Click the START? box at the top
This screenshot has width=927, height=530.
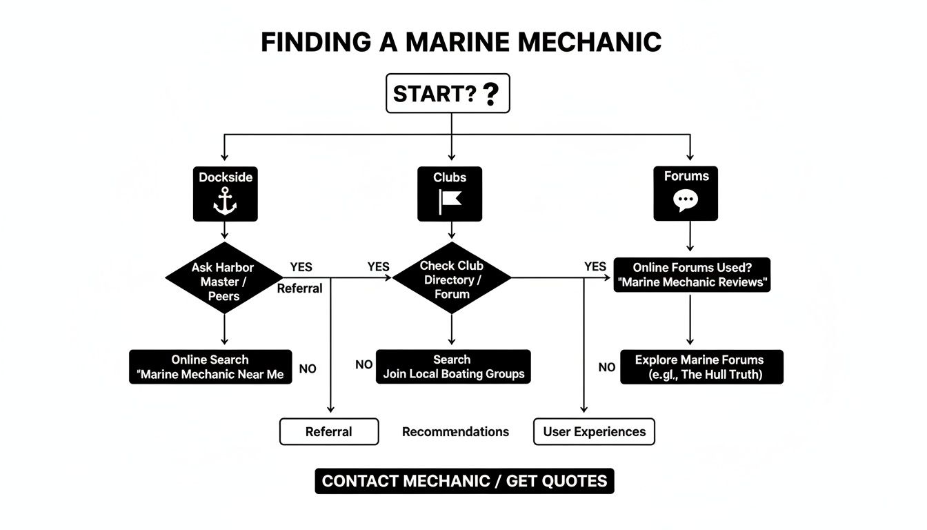pyautogui.click(x=447, y=93)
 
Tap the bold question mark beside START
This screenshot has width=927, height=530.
pyautogui.click(x=490, y=94)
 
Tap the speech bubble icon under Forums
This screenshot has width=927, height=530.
pyautogui.click(x=685, y=201)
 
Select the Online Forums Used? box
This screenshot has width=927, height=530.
pyautogui.click(x=691, y=275)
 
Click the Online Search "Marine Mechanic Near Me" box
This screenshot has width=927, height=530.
pyautogui.click(x=210, y=367)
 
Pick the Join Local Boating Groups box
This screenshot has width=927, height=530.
pyautogui.click(x=453, y=367)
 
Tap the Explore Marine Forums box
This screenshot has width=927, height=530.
pyautogui.click(x=701, y=367)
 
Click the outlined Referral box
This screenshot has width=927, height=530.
pyautogui.click(x=329, y=432)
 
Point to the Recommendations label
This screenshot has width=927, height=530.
pyautogui.click(x=455, y=432)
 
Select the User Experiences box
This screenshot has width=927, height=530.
pyautogui.click(x=594, y=432)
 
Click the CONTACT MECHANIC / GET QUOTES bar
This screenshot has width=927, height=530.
pyautogui.click(x=464, y=481)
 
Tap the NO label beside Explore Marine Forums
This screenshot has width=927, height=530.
pyautogui.click(x=607, y=368)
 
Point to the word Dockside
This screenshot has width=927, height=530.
pyautogui.click(x=226, y=177)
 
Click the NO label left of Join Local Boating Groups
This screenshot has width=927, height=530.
pyautogui.click(x=363, y=364)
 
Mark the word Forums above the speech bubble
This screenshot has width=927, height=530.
pyautogui.click(x=686, y=176)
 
